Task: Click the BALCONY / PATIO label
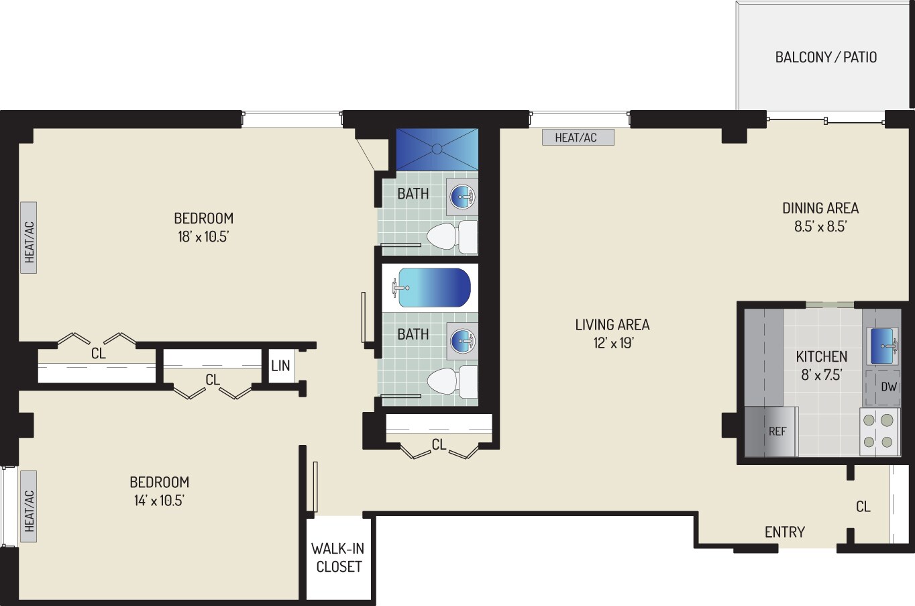(x=825, y=57)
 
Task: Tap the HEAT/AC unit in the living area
(x=576, y=138)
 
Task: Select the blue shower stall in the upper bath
(x=437, y=149)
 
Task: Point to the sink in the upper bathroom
(x=462, y=197)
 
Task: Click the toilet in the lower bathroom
(x=451, y=382)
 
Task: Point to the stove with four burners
(x=879, y=431)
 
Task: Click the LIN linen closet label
(x=280, y=366)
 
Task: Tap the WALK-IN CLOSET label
(x=339, y=558)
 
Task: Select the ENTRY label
(x=784, y=532)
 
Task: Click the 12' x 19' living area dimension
(x=612, y=343)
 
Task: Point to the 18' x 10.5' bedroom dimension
(x=203, y=236)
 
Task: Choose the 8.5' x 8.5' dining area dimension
(x=820, y=226)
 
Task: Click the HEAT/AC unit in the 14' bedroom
(x=29, y=506)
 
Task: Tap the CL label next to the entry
(x=863, y=507)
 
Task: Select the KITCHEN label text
(x=821, y=356)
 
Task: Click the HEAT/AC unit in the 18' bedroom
(x=29, y=238)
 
